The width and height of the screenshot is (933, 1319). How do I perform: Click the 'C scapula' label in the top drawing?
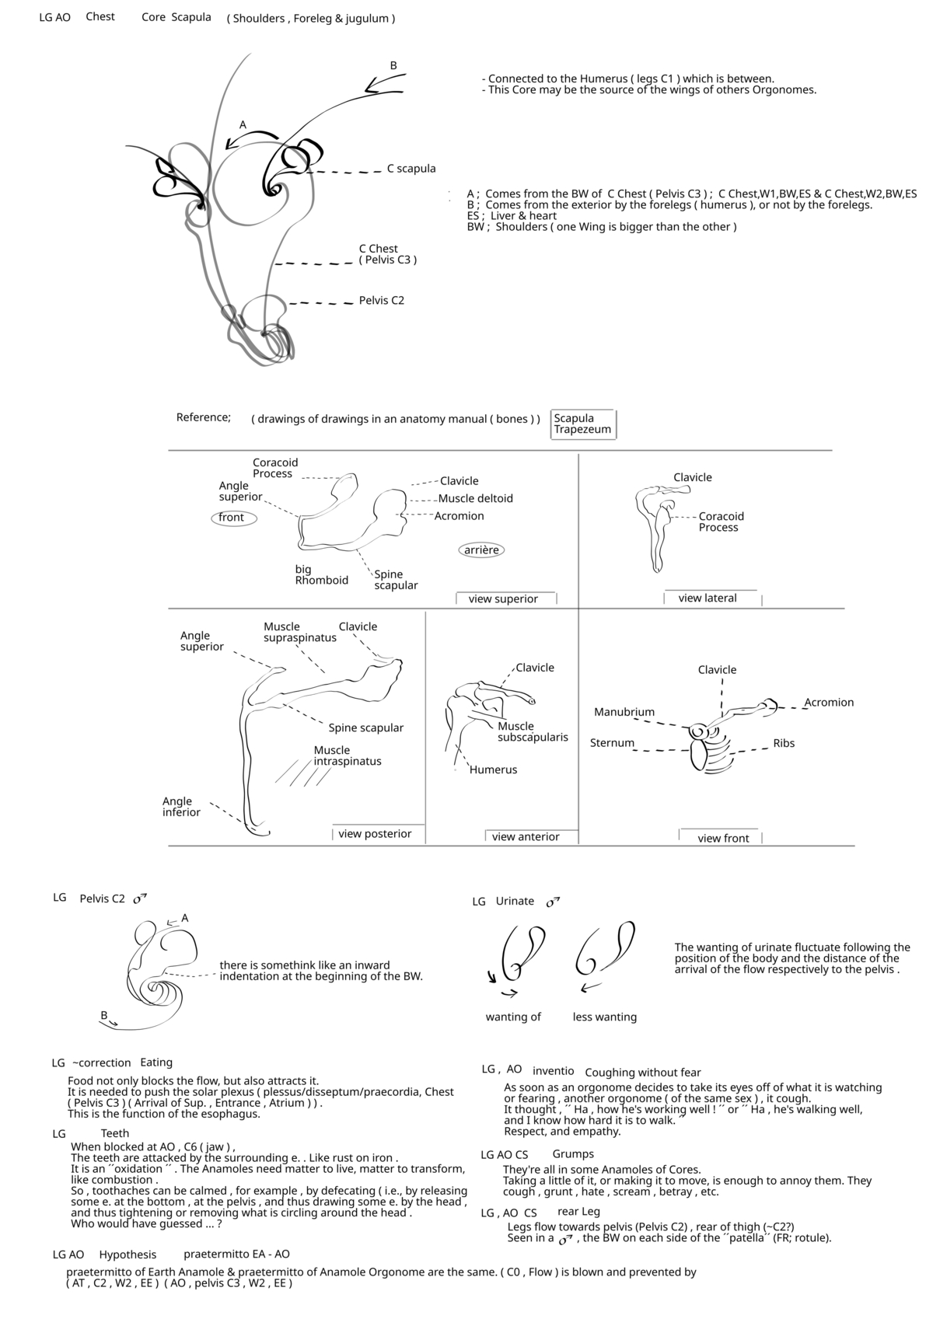click(411, 169)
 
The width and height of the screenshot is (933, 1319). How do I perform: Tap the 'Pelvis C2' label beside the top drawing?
click(381, 301)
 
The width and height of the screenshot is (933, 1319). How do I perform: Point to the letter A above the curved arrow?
click(243, 124)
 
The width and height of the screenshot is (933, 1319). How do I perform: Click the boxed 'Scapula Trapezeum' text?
click(582, 424)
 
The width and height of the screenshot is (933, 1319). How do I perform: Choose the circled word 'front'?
click(232, 518)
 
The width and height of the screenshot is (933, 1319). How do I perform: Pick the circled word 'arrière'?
click(481, 550)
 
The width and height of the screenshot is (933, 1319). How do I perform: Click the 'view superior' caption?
click(503, 599)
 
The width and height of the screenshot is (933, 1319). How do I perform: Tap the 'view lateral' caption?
click(708, 598)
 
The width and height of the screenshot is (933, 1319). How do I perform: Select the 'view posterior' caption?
click(375, 834)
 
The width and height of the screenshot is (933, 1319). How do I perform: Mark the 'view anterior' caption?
click(526, 837)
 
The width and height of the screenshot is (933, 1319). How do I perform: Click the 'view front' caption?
click(723, 839)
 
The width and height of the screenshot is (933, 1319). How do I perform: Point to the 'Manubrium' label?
click(624, 712)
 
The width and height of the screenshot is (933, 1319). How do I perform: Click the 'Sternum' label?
click(612, 743)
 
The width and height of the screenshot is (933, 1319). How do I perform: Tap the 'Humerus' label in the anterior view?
click(493, 770)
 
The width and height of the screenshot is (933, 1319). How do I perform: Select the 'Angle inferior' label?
click(181, 807)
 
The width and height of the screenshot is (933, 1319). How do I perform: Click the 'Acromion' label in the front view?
click(829, 703)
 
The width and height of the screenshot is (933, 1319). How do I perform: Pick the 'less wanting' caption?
click(604, 1017)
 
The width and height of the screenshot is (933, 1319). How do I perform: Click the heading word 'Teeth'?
click(115, 1134)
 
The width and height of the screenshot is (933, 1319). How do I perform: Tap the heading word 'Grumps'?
click(573, 1154)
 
